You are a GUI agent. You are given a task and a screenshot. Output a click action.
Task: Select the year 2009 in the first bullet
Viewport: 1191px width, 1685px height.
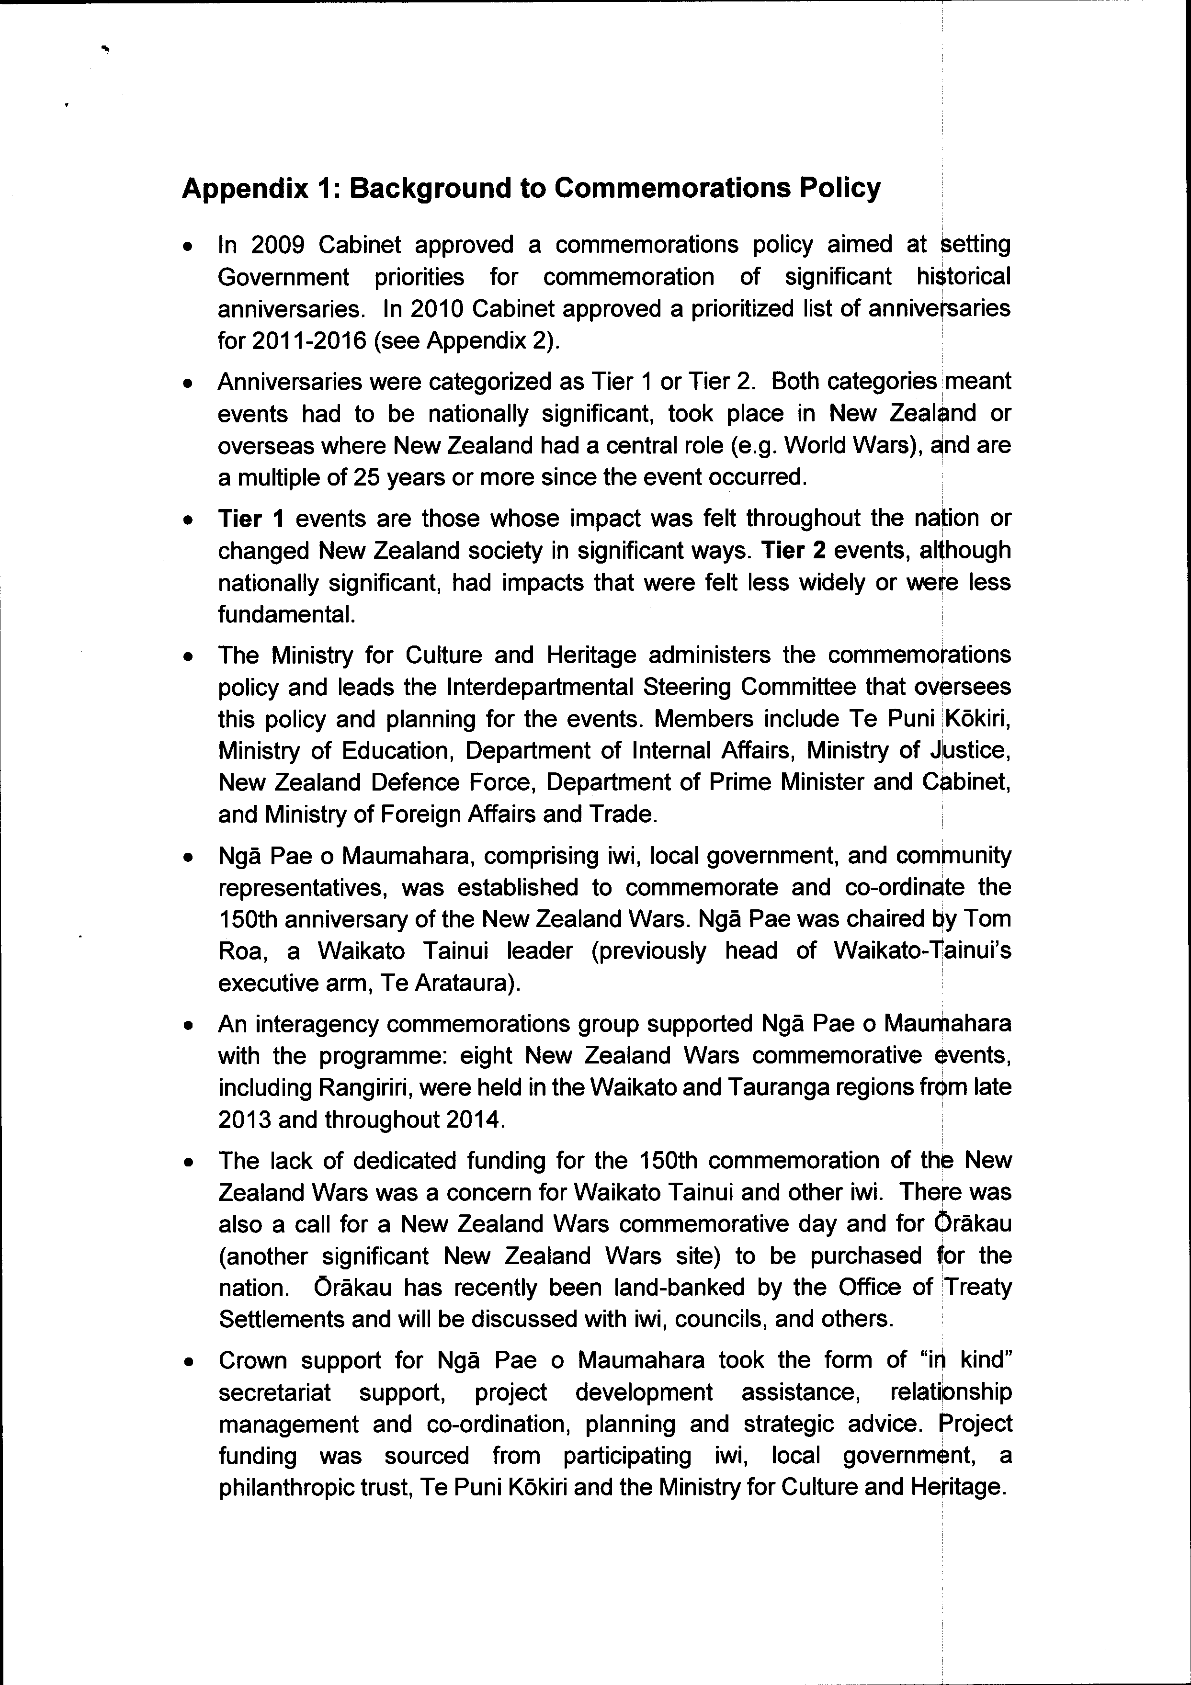(277, 244)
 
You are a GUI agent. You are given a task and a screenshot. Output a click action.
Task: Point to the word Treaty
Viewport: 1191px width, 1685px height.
(977, 1287)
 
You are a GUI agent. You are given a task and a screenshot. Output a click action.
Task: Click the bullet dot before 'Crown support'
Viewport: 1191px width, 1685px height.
(189, 1361)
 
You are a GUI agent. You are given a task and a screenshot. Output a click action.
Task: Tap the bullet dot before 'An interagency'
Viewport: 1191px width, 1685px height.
(189, 1025)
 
